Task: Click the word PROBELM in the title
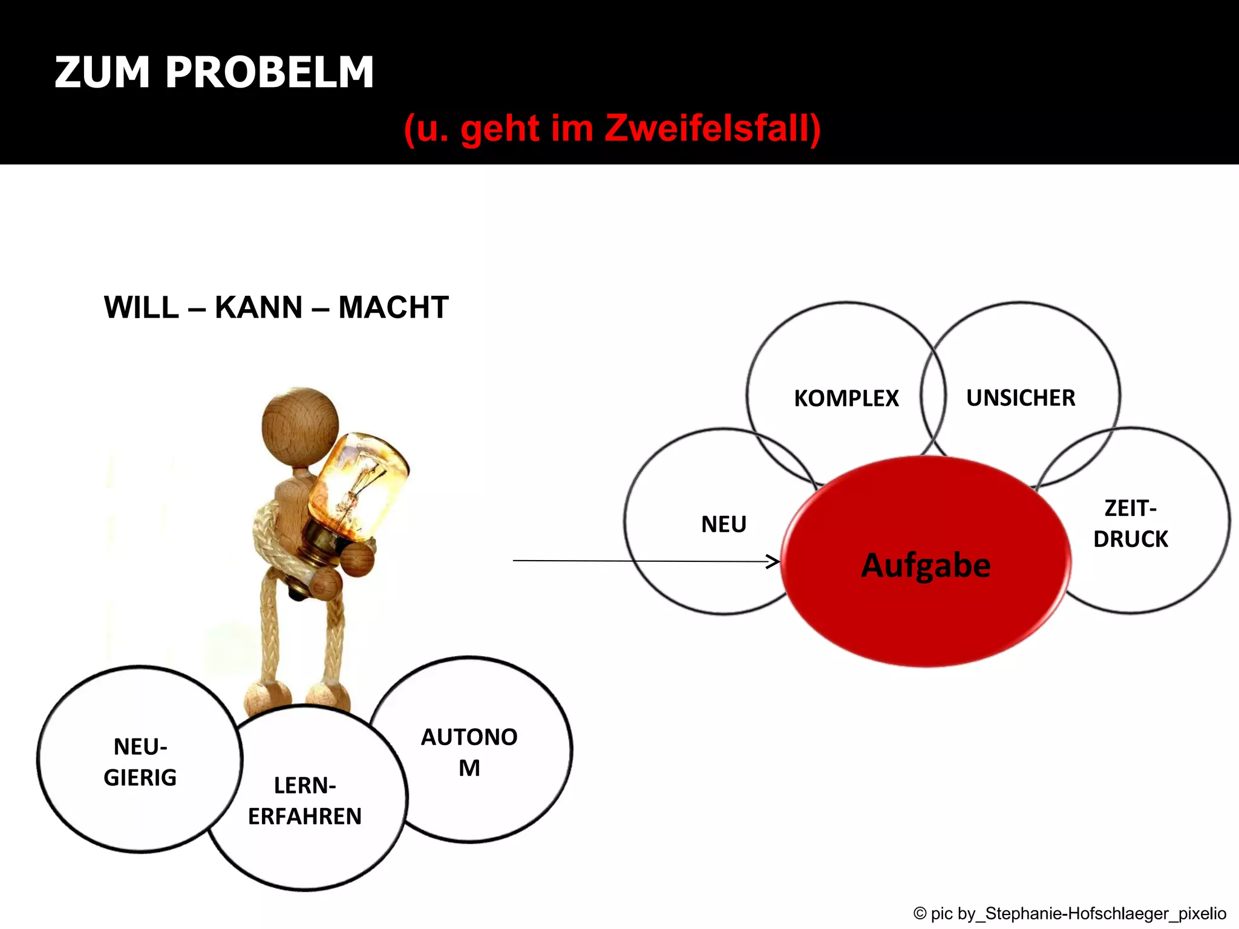click(x=269, y=73)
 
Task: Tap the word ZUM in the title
click(x=102, y=73)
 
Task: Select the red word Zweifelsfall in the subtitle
click(x=712, y=128)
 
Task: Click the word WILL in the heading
click(x=141, y=307)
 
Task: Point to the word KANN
click(x=258, y=307)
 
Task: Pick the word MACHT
click(x=393, y=307)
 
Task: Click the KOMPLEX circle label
click(x=846, y=398)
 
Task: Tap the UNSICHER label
click(x=1021, y=398)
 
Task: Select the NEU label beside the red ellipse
click(x=724, y=524)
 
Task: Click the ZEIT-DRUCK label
click(x=1130, y=524)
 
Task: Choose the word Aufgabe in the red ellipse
click(x=926, y=566)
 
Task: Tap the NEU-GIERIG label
click(x=140, y=762)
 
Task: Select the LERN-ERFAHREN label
click(x=305, y=801)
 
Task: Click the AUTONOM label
click(x=469, y=752)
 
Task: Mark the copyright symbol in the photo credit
click(x=920, y=913)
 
